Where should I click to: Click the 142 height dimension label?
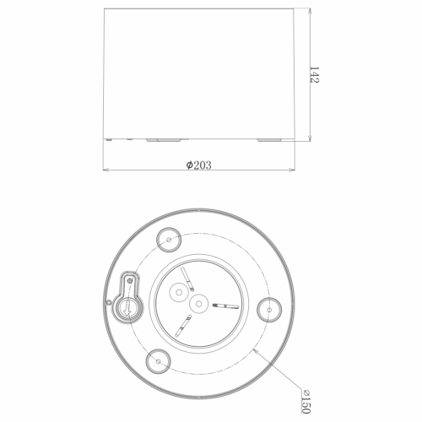[314, 74]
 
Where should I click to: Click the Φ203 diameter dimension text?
[198, 165]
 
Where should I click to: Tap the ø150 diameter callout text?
[306, 402]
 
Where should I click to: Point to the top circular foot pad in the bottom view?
[169, 240]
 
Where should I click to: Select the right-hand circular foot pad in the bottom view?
[269, 310]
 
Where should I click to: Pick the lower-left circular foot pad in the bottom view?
[159, 361]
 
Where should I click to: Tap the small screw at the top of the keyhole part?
[130, 280]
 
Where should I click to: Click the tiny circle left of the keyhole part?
[109, 302]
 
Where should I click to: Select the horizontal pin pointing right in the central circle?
[226, 306]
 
